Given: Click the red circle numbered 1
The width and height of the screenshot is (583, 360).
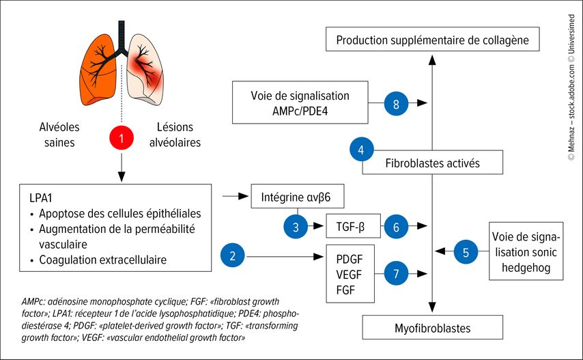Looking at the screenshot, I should point(121,139).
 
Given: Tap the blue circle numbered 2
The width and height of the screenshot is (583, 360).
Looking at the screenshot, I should point(233,257).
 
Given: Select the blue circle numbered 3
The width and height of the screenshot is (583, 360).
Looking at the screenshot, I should point(296,226).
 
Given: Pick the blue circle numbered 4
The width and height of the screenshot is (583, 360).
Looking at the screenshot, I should point(361,149).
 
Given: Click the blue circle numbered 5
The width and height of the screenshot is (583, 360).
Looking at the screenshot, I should point(466,252).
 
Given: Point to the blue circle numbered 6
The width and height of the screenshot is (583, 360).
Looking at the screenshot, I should point(395,226).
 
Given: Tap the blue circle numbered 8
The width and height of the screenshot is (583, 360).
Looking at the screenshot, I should point(397,104).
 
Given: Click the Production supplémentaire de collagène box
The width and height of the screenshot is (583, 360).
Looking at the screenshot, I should point(432,40).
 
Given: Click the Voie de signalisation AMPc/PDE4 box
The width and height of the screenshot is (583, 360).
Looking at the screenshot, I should point(300,103).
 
